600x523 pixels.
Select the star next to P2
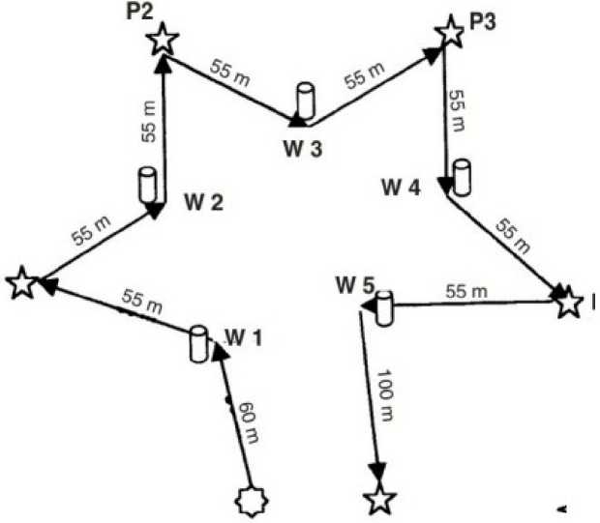point(164,40)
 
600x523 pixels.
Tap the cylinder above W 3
point(306,100)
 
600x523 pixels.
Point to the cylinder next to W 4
point(462,175)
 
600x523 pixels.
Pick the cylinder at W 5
point(384,307)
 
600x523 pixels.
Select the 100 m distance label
point(383,394)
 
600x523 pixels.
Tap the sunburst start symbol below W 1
point(254,501)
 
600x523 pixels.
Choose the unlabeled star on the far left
point(20,284)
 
